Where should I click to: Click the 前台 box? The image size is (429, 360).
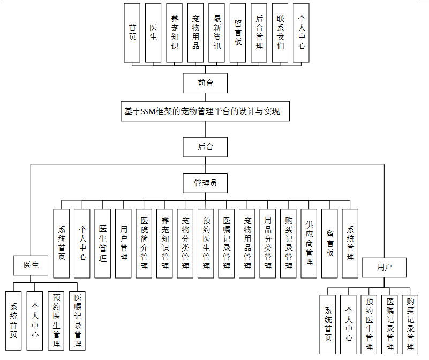pos(205,83)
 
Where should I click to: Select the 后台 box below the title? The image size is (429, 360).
pos(205,146)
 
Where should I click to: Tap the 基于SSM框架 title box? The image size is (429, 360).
pos(206,112)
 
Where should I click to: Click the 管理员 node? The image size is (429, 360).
pos(205,183)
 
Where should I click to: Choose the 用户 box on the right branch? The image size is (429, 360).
pos(384,267)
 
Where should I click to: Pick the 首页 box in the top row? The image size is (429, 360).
pos(132,32)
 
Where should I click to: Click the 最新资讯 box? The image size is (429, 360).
pos(217,32)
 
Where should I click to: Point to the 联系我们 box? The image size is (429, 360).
pos(280,32)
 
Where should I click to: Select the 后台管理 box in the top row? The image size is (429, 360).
pos(259,32)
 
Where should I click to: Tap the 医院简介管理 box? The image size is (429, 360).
pos(144,243)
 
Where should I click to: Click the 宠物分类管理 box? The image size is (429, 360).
pos(185,243)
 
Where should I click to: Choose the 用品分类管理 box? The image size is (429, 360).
pos(268,243)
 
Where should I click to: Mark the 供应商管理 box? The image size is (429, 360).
pos(309,243)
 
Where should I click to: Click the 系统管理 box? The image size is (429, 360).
pos(350,243)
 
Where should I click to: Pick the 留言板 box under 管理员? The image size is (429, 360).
pos(330,243)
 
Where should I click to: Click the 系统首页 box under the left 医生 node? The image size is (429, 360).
pos(13,320)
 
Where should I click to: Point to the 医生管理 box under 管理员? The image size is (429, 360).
pos(103,243)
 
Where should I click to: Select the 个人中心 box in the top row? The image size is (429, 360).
pos(302,32)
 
